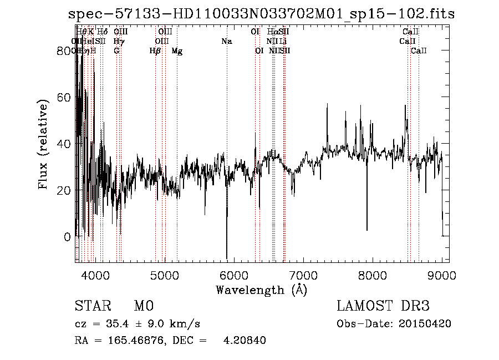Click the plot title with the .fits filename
(x=261, y=14)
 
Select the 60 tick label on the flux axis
(x=64, y=97)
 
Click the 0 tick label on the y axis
(x=68, y=237)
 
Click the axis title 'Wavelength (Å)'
(x=261, y=290)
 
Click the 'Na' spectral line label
(x=226, y=42)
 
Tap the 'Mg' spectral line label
(x=177, y=51)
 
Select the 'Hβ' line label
(x=155, y=51)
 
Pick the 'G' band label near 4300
(x=116, y=51)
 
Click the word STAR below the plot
(x=91, y=306)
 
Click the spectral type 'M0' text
(x=143, y=306)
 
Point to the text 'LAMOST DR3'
(x=383, y=306)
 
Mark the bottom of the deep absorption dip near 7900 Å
(x=366, y=230)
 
